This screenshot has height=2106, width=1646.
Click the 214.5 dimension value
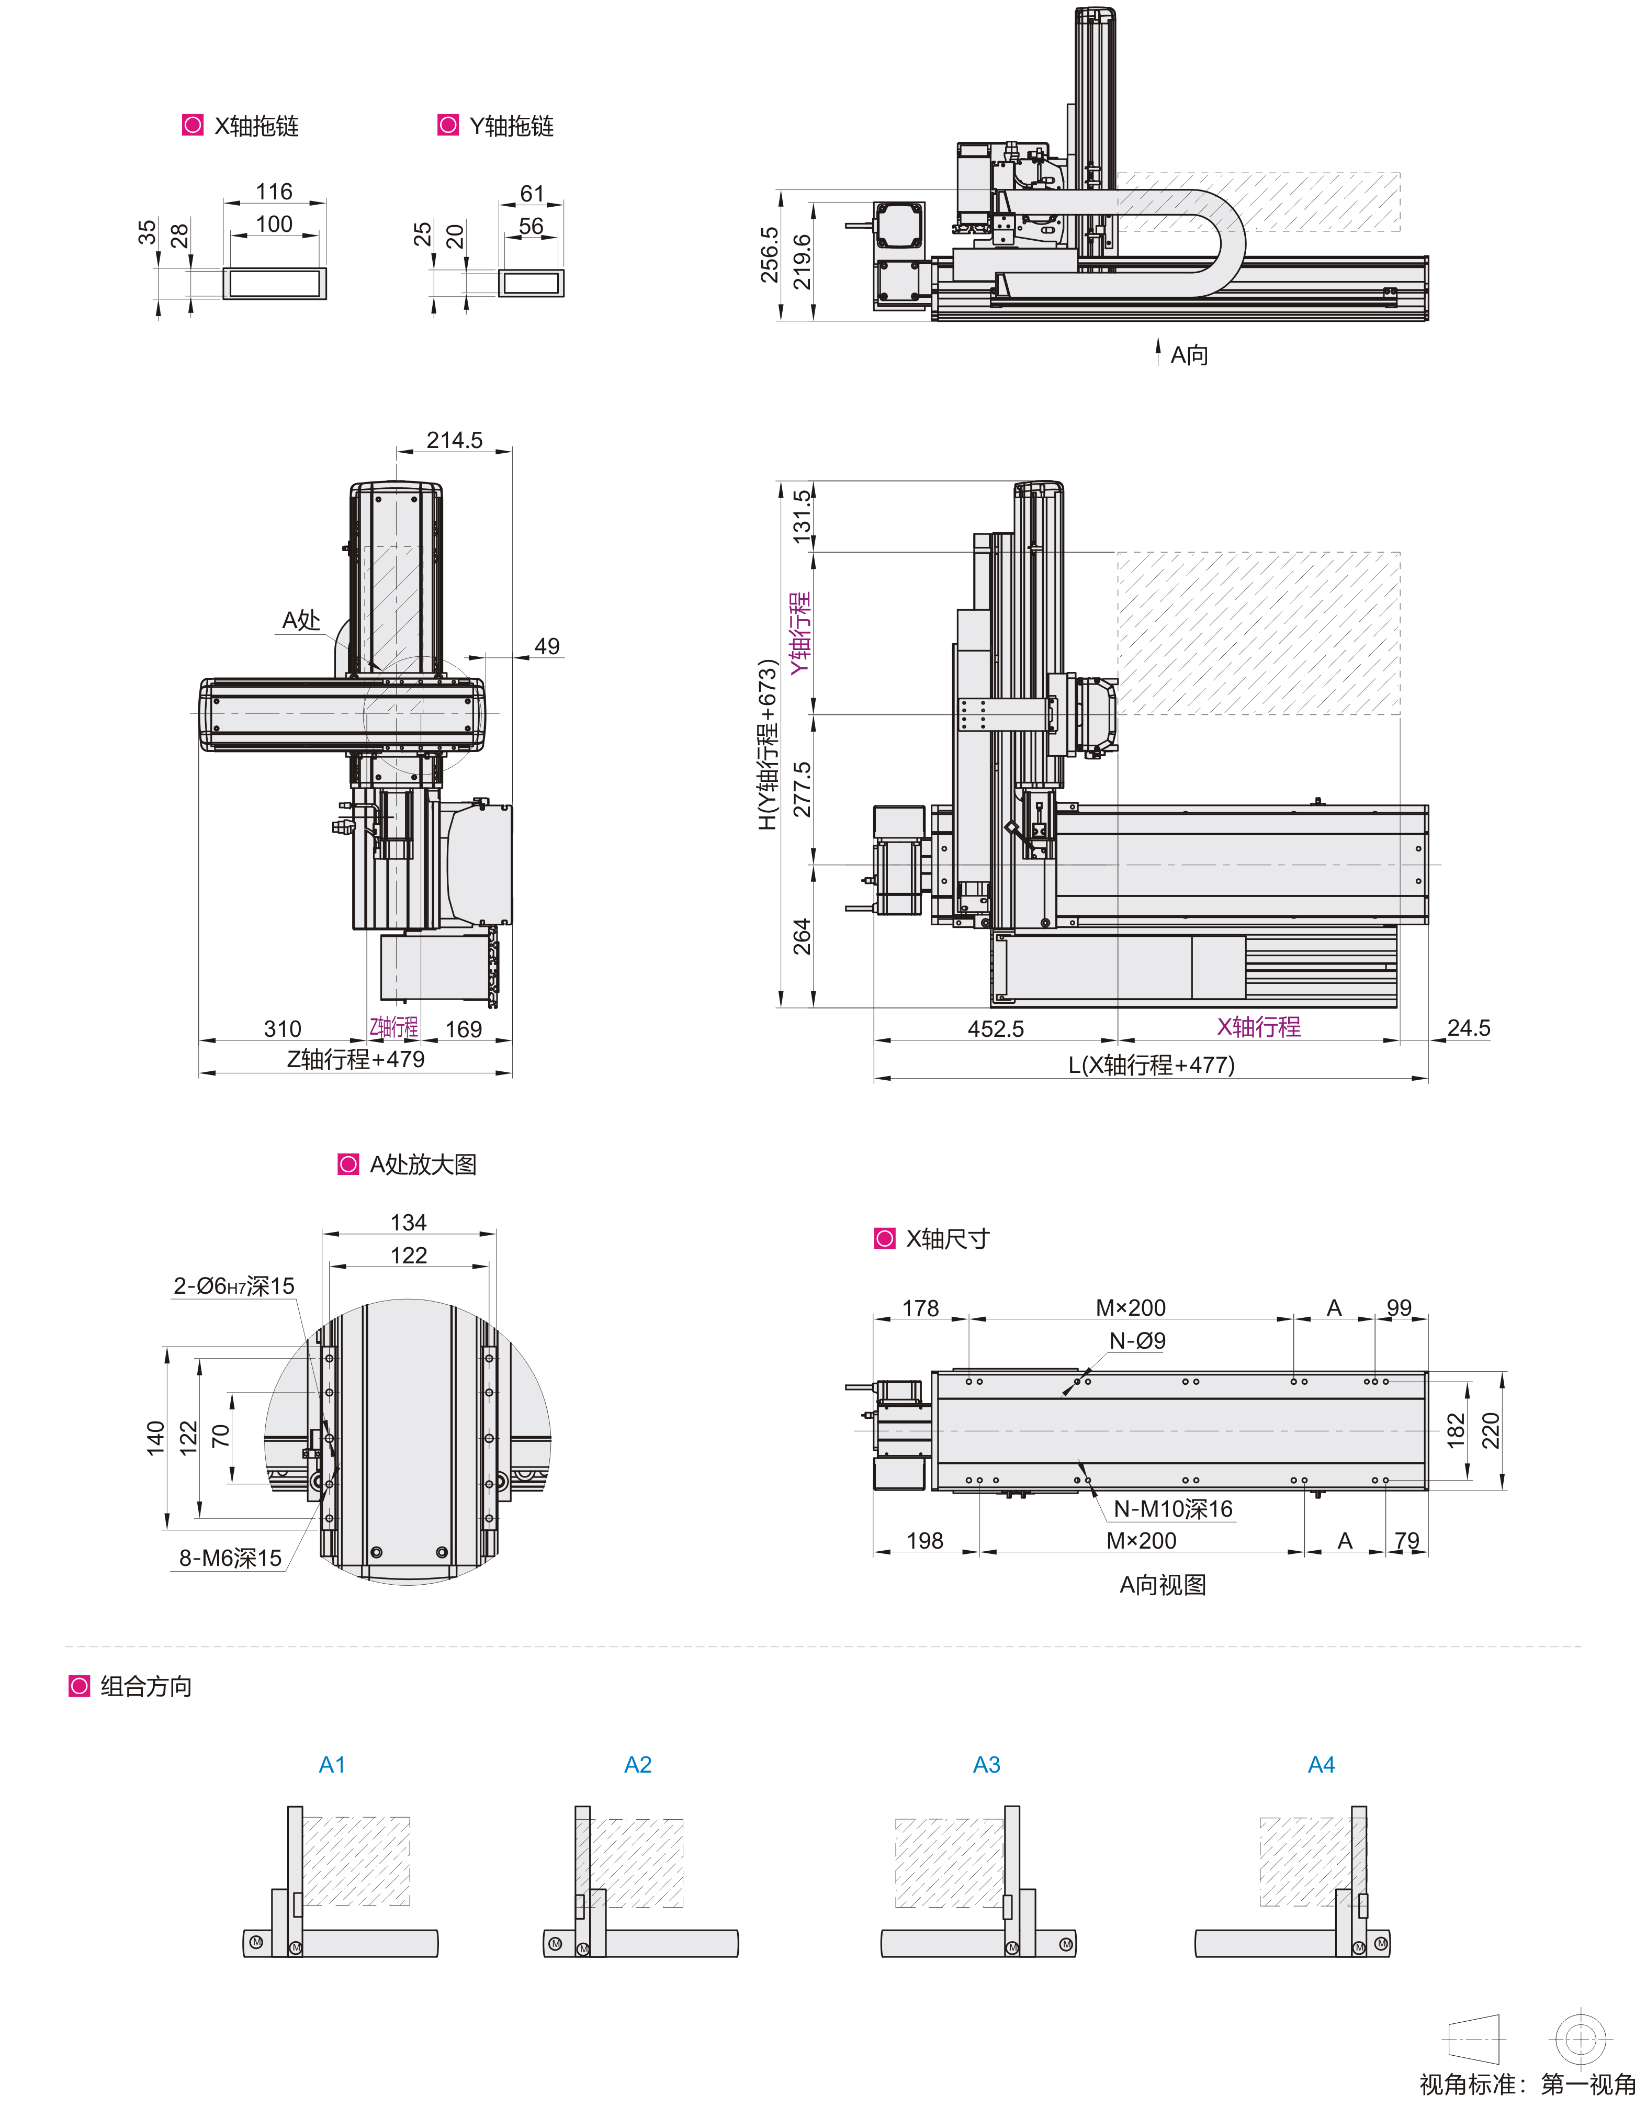point(454,441)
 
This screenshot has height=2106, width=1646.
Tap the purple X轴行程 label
point(1258,1027)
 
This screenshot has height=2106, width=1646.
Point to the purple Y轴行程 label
point(801,634)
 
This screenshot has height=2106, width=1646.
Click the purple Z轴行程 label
point(393,1027)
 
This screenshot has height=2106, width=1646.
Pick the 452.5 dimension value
point(995,1029)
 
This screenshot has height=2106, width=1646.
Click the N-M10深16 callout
point(1173,1509)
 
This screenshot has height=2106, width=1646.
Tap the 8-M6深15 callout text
point(230,1558)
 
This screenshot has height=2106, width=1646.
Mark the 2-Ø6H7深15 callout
point(233,1286)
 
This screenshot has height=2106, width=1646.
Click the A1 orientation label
point(332,1765)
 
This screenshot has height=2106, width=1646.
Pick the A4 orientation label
point(1321,1765)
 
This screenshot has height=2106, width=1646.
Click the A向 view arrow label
point(1188,355)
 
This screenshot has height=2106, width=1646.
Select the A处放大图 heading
point(422,1165)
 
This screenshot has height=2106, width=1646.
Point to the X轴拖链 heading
point(255,126)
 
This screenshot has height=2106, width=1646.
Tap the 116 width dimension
point(274,192)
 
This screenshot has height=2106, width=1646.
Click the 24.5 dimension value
point(1468,1028)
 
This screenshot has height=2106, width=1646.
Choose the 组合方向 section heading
point(145,1687)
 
